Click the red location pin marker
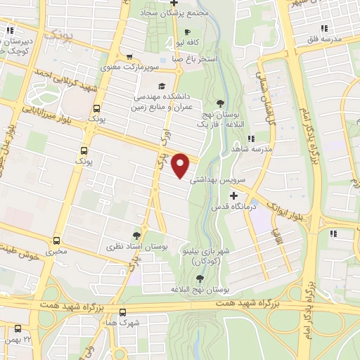tap(181, 165)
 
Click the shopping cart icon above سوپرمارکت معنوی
tap(129, 58)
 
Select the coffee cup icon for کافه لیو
tap(187, 32)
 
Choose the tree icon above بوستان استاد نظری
tap(136, 236)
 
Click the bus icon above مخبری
tap(56, 240)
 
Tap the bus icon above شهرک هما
tap(123, 312)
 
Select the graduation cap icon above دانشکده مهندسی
tap(163, 86)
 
